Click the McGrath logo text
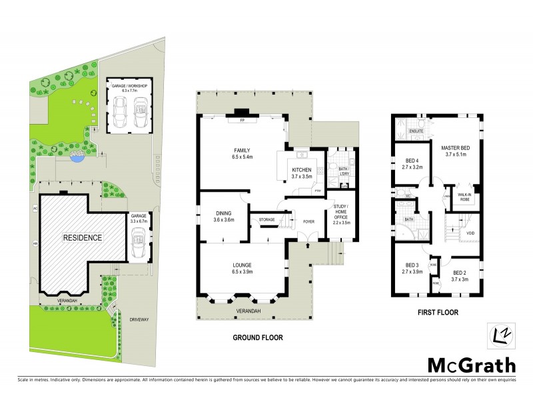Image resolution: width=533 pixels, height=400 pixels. coord(470,365)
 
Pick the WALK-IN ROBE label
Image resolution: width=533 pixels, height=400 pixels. coord(464,197)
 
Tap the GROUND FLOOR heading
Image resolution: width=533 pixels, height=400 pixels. coord(257,338)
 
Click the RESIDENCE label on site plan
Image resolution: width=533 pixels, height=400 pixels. coord(83,237)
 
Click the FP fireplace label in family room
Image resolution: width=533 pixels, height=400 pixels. coord(241,121)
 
